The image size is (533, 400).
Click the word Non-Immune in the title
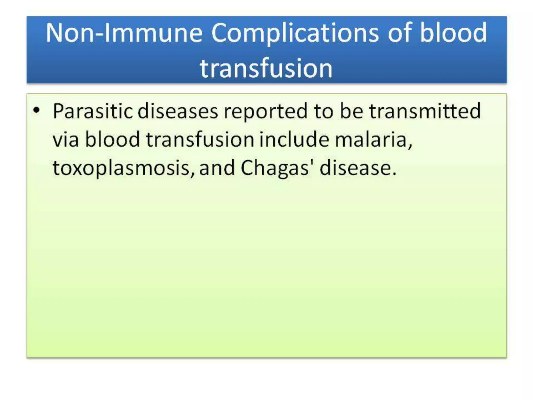click(x=124, y=33)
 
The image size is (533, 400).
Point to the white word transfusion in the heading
click(x=266, y=68)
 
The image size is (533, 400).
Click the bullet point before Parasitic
click(x=36, y=110)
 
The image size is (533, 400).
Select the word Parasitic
click(x=93, y=111)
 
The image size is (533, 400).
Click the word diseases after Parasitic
click(x=177, y=111)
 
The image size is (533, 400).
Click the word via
click(x=66, y=140)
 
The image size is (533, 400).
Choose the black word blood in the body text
click(x=112, y=139)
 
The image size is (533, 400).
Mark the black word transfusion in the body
click(x=200, y=139)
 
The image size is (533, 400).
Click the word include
click(x=294, y=139)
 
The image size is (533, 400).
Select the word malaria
click(x=373, y=140)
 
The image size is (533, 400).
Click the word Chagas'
click(x=277, y=168)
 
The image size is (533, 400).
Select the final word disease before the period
click(x=355, y=168)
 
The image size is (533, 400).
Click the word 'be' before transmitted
click(x=351, y=111)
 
